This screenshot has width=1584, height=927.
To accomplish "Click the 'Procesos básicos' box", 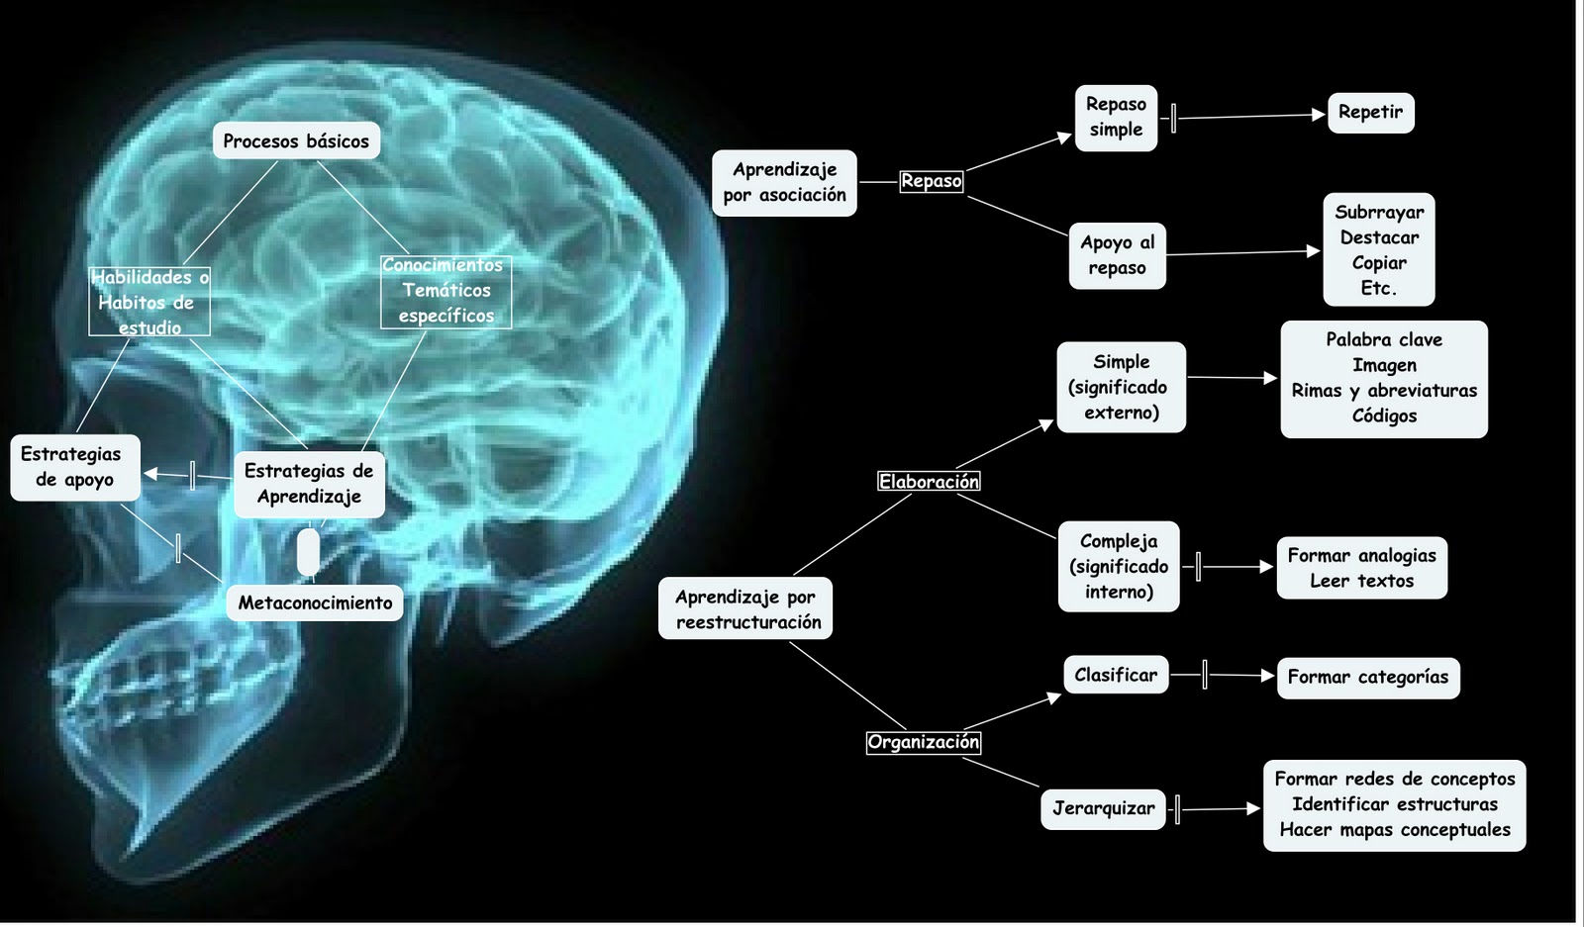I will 295,141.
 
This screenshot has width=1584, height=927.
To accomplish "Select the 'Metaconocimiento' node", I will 315,603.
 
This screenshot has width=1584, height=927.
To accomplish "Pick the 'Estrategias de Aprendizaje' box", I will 309,484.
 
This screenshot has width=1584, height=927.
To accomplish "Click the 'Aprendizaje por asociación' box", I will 784,183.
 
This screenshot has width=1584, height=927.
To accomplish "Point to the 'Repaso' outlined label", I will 931,181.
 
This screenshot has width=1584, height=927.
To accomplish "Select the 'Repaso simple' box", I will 1116,118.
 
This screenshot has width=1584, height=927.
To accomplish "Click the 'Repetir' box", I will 1370,113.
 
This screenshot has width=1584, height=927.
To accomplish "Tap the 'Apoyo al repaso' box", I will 1117,255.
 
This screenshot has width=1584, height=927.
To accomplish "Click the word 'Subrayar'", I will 1379,212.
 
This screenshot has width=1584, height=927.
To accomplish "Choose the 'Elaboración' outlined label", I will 929,482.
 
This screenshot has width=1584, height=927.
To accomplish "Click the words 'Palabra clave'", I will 1384,339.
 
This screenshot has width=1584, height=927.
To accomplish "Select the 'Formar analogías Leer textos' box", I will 1361,568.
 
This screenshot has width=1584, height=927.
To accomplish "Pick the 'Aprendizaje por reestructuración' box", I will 746,608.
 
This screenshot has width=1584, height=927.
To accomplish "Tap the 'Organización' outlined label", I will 923,742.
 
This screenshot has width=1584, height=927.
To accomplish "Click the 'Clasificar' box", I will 1115,675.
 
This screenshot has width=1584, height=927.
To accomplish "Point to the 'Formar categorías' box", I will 1367,678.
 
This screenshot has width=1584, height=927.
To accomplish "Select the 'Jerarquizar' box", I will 1103,808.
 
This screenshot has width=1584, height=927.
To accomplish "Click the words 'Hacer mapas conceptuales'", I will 1394,830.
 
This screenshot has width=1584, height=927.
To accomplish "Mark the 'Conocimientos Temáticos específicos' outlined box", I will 445,291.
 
